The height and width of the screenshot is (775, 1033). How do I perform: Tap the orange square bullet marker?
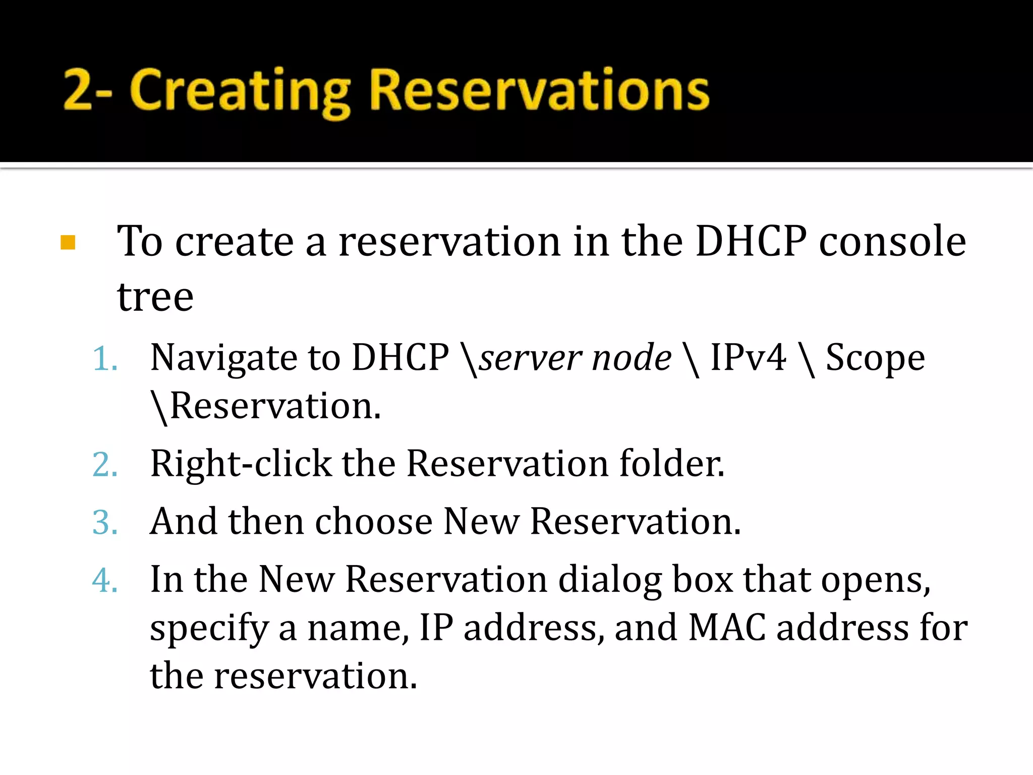pos(68,243)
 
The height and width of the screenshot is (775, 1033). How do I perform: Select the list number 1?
pos(105,359)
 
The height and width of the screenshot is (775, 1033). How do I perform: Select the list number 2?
pos(105,465)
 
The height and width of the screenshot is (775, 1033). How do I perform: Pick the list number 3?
pos(105,523)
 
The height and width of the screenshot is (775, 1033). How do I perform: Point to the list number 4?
pos(105,580)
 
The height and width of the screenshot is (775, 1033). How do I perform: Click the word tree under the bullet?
pos(155,297)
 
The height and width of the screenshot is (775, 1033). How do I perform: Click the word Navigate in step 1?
pos(223,358)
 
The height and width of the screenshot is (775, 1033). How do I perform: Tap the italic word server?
pos(530,358)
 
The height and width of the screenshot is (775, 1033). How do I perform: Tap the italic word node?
pos(632,358)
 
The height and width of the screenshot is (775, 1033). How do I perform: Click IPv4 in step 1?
pos(748,357)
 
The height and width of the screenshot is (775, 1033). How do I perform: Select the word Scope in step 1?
pos(875,358)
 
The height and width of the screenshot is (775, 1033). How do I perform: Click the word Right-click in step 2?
pos(241,464)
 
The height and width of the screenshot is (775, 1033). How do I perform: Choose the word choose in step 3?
pos(373,522)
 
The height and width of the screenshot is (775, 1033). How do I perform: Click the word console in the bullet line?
pos(892,242)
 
